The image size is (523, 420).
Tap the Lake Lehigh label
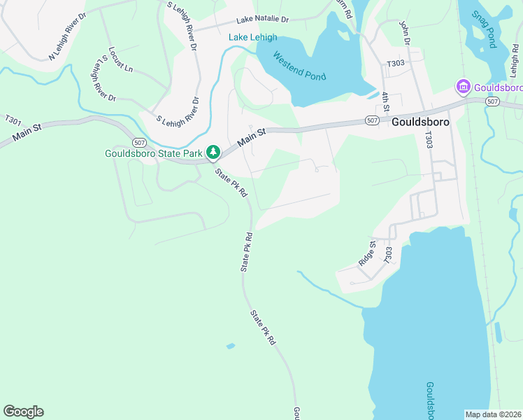click(253, 37)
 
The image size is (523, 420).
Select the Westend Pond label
click(299, 67)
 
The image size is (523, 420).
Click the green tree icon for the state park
click(213, 152)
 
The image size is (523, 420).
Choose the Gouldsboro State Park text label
click(153, 153)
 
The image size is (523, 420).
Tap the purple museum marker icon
click(463, 87)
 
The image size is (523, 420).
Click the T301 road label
click(13, 120)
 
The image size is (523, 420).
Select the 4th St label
click(385, 104)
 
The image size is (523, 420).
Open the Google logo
click(23, 411)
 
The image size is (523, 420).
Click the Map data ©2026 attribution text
click(493, 414)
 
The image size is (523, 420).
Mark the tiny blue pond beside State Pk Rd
click(231, 346)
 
